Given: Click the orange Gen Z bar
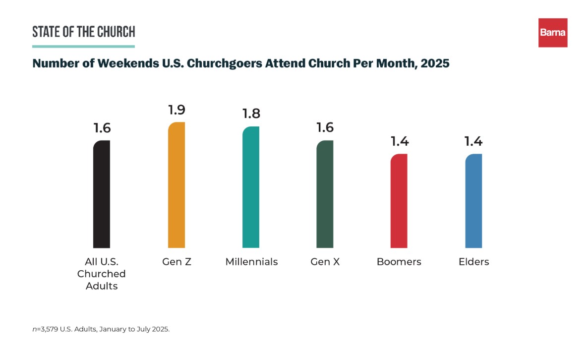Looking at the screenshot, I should point(176,185).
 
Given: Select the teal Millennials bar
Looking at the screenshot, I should point(250,187).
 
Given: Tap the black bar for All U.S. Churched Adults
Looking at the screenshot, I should point(102,194).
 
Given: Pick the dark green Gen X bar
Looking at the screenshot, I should point(325,194).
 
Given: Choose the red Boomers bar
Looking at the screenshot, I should point(399,201).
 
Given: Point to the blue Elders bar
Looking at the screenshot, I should point(473,201).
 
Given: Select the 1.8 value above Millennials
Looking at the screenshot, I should point(251,113).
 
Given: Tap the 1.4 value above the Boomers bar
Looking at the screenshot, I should point(399,141).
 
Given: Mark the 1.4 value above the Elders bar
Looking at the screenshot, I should point(473,141).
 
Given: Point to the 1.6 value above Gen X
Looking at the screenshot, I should point(325,127).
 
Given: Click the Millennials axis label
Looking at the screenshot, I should point(251,261).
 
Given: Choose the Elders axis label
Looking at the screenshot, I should point(473,261).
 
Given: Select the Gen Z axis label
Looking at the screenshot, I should point(176,261).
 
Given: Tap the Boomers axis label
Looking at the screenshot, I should point(399,261).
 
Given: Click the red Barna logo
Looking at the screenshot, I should point(553,33).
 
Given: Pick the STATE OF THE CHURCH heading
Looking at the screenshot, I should point(83,32).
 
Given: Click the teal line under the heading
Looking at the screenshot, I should point(83,47).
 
